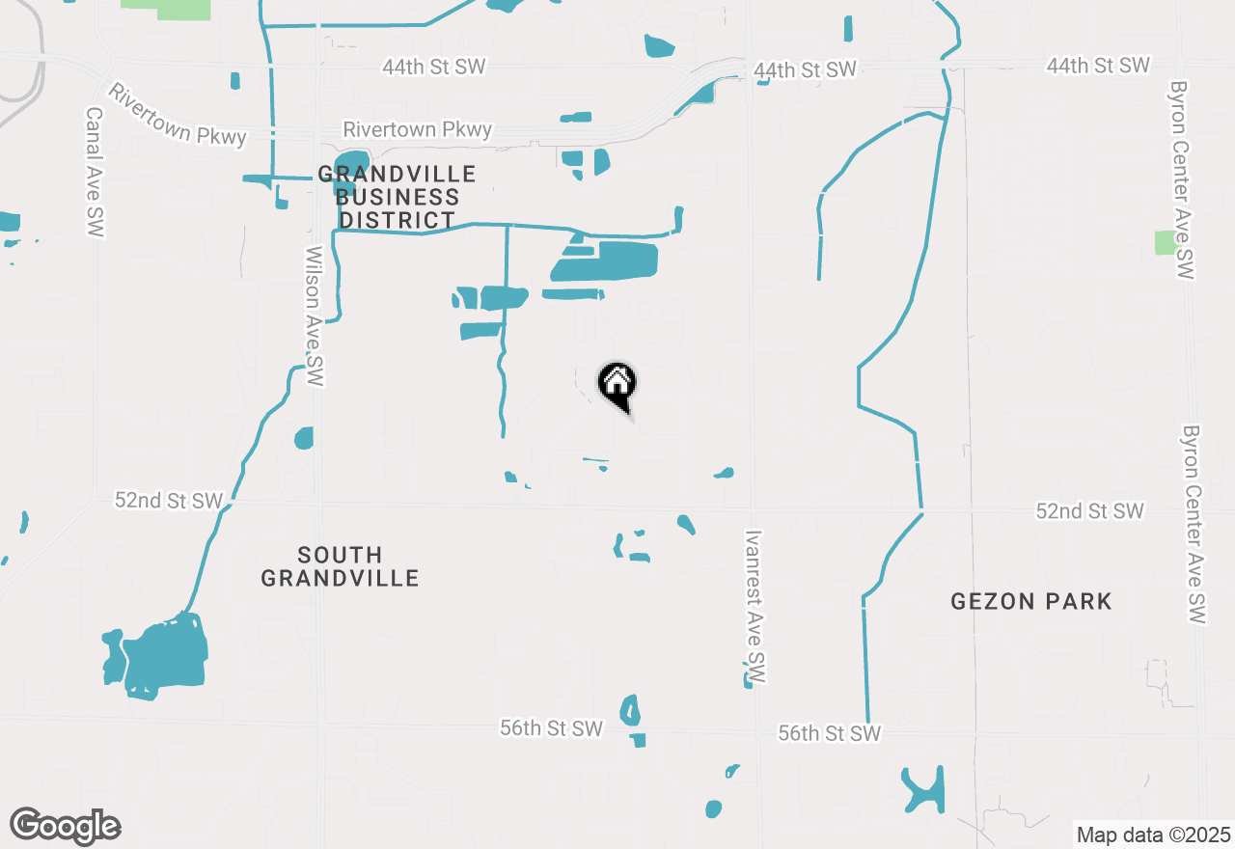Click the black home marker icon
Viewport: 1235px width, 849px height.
(617, 385)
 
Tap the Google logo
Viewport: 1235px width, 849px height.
(66, 826)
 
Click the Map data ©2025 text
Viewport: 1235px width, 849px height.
(1153, 835)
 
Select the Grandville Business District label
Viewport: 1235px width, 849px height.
(398, 197)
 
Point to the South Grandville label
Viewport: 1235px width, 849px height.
(340, 566)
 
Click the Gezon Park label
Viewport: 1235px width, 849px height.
(1031, 602)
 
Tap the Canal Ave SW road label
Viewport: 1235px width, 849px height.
(95, 172)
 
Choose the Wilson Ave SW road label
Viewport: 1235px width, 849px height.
(313, 316)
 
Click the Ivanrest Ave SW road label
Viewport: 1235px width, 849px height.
(755, 606)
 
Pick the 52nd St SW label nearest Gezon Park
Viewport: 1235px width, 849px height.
(1089, 510)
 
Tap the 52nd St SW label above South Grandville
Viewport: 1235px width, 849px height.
(169, 500)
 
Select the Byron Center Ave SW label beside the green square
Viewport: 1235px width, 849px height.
(1181, 179)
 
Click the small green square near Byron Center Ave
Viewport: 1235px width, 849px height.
(1166, 242)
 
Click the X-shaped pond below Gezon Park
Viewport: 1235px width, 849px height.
(924, 790)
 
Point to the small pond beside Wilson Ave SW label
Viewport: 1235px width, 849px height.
(304, 439)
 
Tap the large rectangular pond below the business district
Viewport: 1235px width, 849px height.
(627, 260)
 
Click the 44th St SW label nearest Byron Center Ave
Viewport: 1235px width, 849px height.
(1098, 66)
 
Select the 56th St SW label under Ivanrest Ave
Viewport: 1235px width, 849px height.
(829, 734)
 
